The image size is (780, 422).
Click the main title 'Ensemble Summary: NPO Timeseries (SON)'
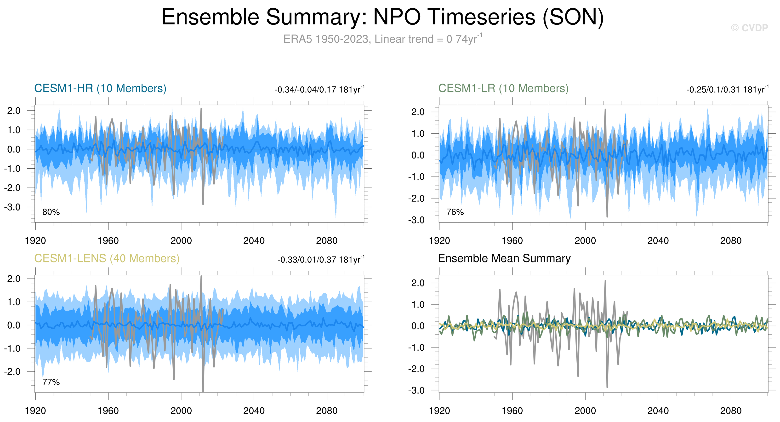382,17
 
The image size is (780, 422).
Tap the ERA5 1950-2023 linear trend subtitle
382,39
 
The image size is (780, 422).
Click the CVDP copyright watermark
749,28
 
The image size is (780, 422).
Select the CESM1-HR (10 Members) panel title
100,88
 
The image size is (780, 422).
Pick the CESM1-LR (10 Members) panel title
503,88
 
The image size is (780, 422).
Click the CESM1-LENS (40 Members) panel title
107,258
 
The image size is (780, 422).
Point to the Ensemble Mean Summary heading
504,258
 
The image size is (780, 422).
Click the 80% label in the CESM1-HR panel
51,212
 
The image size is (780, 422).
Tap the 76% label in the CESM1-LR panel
455,212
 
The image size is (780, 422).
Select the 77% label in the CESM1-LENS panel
51,382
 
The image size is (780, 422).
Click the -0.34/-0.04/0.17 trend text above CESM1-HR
319,90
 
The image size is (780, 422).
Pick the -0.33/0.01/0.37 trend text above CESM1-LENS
321,260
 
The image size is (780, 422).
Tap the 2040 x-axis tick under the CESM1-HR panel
254,241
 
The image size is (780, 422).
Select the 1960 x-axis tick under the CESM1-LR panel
512,241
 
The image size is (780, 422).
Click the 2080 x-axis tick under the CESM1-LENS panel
326,411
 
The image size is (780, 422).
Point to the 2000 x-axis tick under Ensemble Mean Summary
585,411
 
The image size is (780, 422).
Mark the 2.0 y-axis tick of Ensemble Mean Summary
418,283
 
